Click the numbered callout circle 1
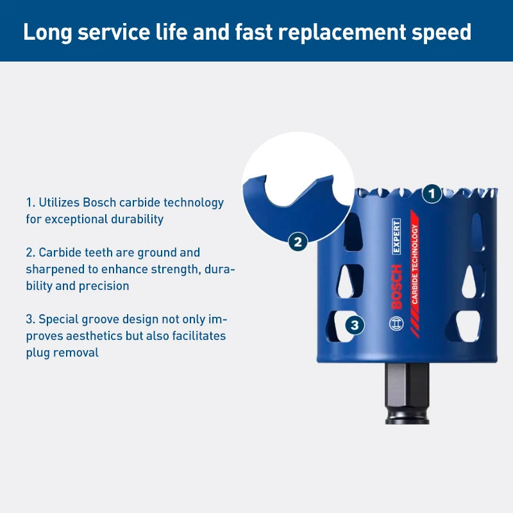click(432, 194)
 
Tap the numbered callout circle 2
click(298, 242)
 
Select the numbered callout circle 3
click(355, 325)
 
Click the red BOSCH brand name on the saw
click(396, 287)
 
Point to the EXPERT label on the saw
click(396, 236)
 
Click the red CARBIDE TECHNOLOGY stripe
click(414, 274)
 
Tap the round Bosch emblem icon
click(396, 324)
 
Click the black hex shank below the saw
click(407, 393)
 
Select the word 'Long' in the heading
click(47, 32)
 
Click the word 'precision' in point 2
click(104, 286)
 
